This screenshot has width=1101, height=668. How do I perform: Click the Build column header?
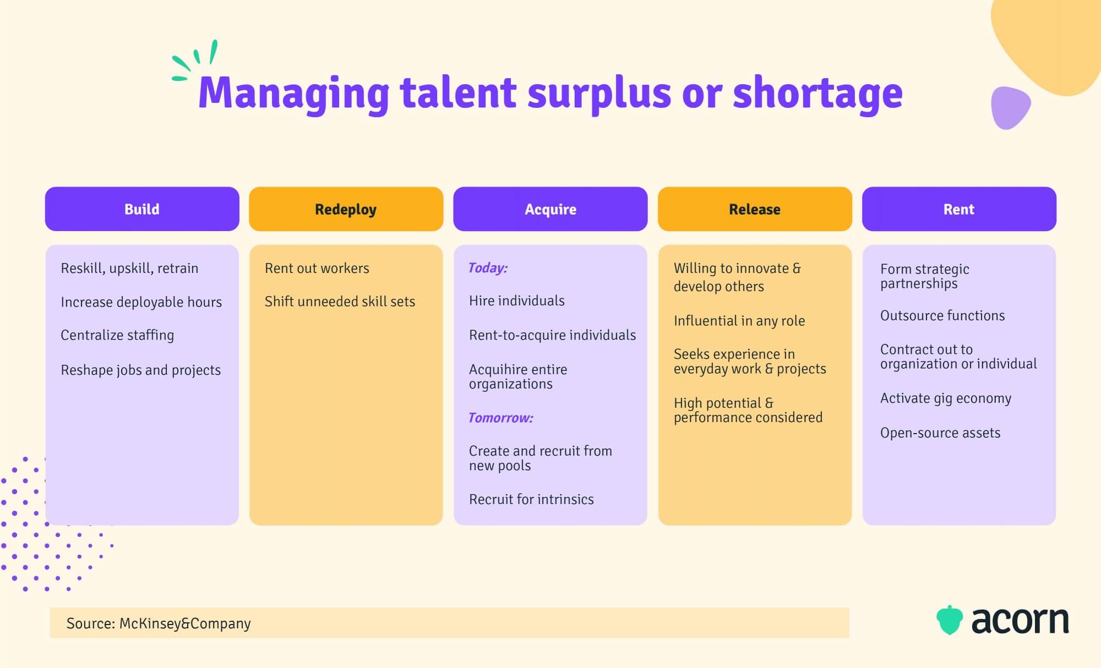[x=142, y=209]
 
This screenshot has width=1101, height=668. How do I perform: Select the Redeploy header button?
[x=346, y=209]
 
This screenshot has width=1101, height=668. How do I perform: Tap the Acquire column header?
[x=550, y=209]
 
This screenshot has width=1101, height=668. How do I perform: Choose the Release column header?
[x=755, y=209]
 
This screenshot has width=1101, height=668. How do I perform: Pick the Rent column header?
[x=959, y=209]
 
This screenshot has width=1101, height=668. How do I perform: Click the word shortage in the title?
[x=817, y=94]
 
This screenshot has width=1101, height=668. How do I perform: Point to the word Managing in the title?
[x=293, y=94]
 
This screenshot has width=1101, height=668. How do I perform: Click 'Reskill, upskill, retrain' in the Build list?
[x=129, y=268]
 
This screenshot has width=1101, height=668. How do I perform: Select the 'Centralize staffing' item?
[x=117, y=335]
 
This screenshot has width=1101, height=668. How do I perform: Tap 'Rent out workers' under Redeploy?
[x=317, y=268]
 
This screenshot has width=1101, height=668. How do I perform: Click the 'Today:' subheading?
[x=488, y=268]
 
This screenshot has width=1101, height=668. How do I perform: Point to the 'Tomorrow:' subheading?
[x=500, y=418]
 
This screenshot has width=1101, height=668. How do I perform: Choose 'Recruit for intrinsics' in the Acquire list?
[x=531, y=499]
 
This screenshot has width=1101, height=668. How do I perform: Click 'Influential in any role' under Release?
[x=739, y=321]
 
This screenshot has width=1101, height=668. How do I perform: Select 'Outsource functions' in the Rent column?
[x=942, y=315]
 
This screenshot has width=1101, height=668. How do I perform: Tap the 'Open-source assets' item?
[x=940, y=433]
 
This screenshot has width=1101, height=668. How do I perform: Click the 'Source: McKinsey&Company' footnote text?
[x=159, y=623]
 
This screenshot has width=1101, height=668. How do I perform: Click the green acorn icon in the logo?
[x=950, y=620]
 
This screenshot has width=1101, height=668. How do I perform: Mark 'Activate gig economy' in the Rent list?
[x=946, y=398]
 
